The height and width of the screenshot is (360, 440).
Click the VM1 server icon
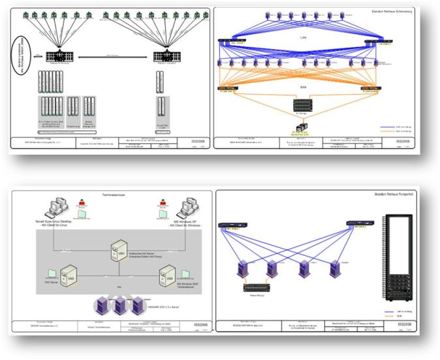point(119,250)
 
